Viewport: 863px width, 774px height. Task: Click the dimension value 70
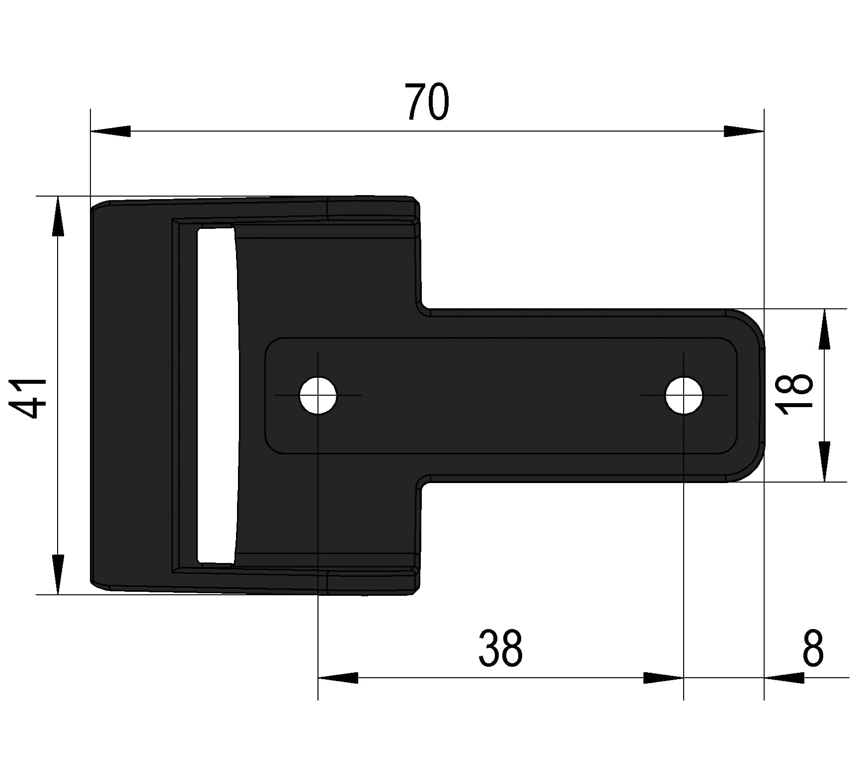point(427,102)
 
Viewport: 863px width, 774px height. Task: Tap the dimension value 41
point(28,398)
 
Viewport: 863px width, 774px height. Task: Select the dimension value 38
point(500,648)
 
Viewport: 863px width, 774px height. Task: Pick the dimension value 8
point(813,648)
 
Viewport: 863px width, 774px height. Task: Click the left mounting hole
point(318,395)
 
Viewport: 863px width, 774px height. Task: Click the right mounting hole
point(684,395)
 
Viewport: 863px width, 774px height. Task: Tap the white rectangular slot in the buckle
point(217,395)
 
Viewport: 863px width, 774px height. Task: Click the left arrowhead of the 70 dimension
point(110,131)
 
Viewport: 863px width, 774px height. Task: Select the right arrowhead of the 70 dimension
point(744,131)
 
